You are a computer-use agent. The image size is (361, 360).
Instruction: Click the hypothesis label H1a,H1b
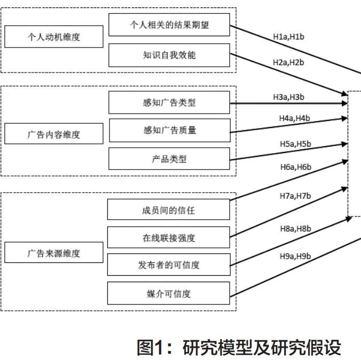(288, 37)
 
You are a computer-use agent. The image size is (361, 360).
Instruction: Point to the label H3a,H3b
(288, 97)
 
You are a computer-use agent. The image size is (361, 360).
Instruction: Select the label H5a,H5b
(295, 144)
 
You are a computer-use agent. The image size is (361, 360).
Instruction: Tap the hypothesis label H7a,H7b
(295, 196)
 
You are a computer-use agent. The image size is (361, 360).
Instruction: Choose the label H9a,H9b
(295, 256)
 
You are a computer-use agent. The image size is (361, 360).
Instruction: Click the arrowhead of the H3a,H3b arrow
(344, 103)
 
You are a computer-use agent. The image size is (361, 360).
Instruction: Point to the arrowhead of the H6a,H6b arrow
(345, 162)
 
